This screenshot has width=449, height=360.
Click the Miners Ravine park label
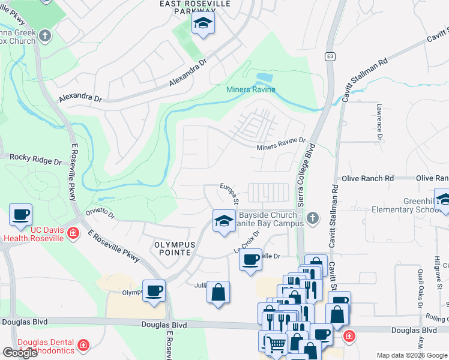(251, 90)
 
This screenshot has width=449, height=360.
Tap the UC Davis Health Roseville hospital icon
(73, 233)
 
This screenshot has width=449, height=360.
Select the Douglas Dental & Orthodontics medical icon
(83, 345)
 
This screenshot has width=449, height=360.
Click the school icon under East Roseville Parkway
(203, 25)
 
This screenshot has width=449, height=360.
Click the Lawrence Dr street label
(379, 121)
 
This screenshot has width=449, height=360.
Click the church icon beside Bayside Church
(312, 219)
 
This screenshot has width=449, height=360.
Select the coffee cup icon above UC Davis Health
(20, 214)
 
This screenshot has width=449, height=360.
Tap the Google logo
(20, 353)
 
